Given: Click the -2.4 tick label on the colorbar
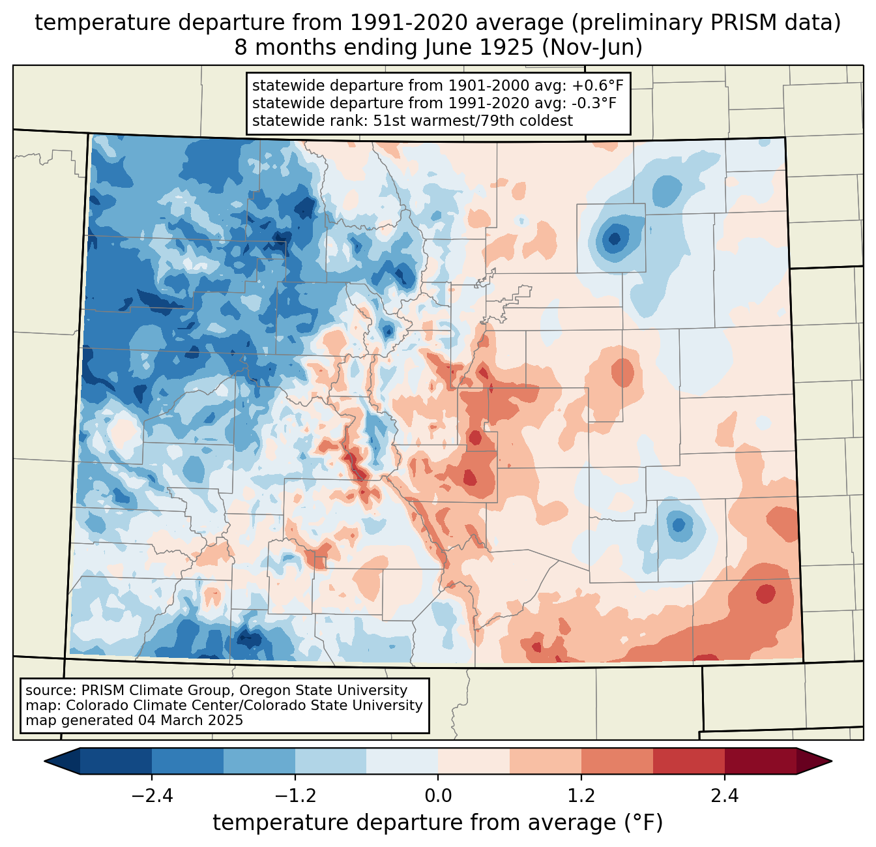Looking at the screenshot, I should click(152, 796).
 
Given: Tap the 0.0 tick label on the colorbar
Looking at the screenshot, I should click(438, 796).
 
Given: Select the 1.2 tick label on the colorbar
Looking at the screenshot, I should click(581, 796).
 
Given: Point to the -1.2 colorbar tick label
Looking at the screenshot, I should click(295, 796).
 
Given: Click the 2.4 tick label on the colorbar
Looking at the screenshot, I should click(724, 796).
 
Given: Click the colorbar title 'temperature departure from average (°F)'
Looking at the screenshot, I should click(438, 823).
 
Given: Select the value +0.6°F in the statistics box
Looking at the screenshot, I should click(600, 85).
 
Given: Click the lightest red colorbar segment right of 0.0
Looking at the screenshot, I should click(474, 761).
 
